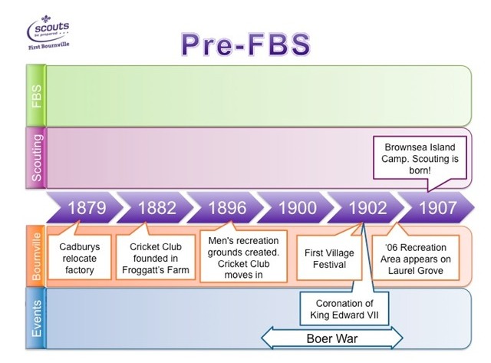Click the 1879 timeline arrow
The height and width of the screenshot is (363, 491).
point(84,208)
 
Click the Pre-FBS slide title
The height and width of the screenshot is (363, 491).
point(245,45)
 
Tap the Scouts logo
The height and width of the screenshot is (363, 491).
point(48,32)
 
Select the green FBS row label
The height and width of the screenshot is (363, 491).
point(36,95)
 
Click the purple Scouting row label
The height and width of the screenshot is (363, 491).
point(36,157)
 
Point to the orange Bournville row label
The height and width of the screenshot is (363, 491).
point(36,256)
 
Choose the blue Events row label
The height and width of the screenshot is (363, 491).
point(36,318)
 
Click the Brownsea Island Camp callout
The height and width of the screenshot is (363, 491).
point(420,159)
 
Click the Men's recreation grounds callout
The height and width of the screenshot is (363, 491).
point(243,257)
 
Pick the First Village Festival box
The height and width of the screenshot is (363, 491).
point(329,258)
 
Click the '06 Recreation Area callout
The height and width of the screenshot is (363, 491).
point(416,258)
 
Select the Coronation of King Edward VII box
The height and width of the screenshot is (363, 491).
point(344,309)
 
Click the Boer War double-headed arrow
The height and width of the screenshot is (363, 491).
point(332,338)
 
